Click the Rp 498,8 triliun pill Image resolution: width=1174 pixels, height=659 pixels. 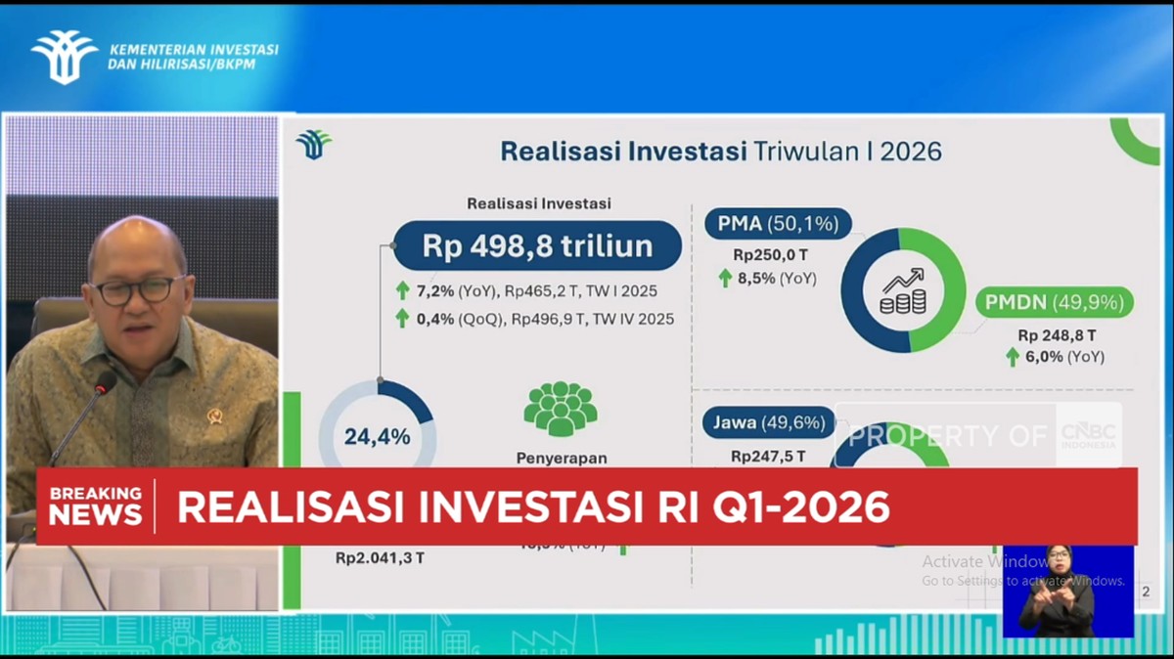tap(537, 245)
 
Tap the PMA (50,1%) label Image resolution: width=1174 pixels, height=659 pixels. tap(778, 224)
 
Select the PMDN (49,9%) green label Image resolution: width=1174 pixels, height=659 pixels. tap(1055, 302)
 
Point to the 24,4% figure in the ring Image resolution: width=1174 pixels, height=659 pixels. tap(377, 437)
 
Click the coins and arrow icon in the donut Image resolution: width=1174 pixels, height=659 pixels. tap(903, 290)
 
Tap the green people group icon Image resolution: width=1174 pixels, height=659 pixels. tap(561, 408)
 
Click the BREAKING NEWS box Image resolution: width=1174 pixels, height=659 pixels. tap(96, 505)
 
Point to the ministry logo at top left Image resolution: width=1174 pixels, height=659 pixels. tap(64, 57)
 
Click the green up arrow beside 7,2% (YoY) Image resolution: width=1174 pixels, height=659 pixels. tap(402, 290)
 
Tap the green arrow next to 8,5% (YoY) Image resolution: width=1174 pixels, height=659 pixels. tap(725, 278)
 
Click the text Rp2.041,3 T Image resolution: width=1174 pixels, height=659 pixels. tap(380, 558)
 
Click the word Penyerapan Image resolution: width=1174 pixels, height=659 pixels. tap(562, 457)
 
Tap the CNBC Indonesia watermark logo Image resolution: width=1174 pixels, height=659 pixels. tap(1088, 435)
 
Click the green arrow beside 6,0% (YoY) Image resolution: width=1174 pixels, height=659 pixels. tap(1013, 357)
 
